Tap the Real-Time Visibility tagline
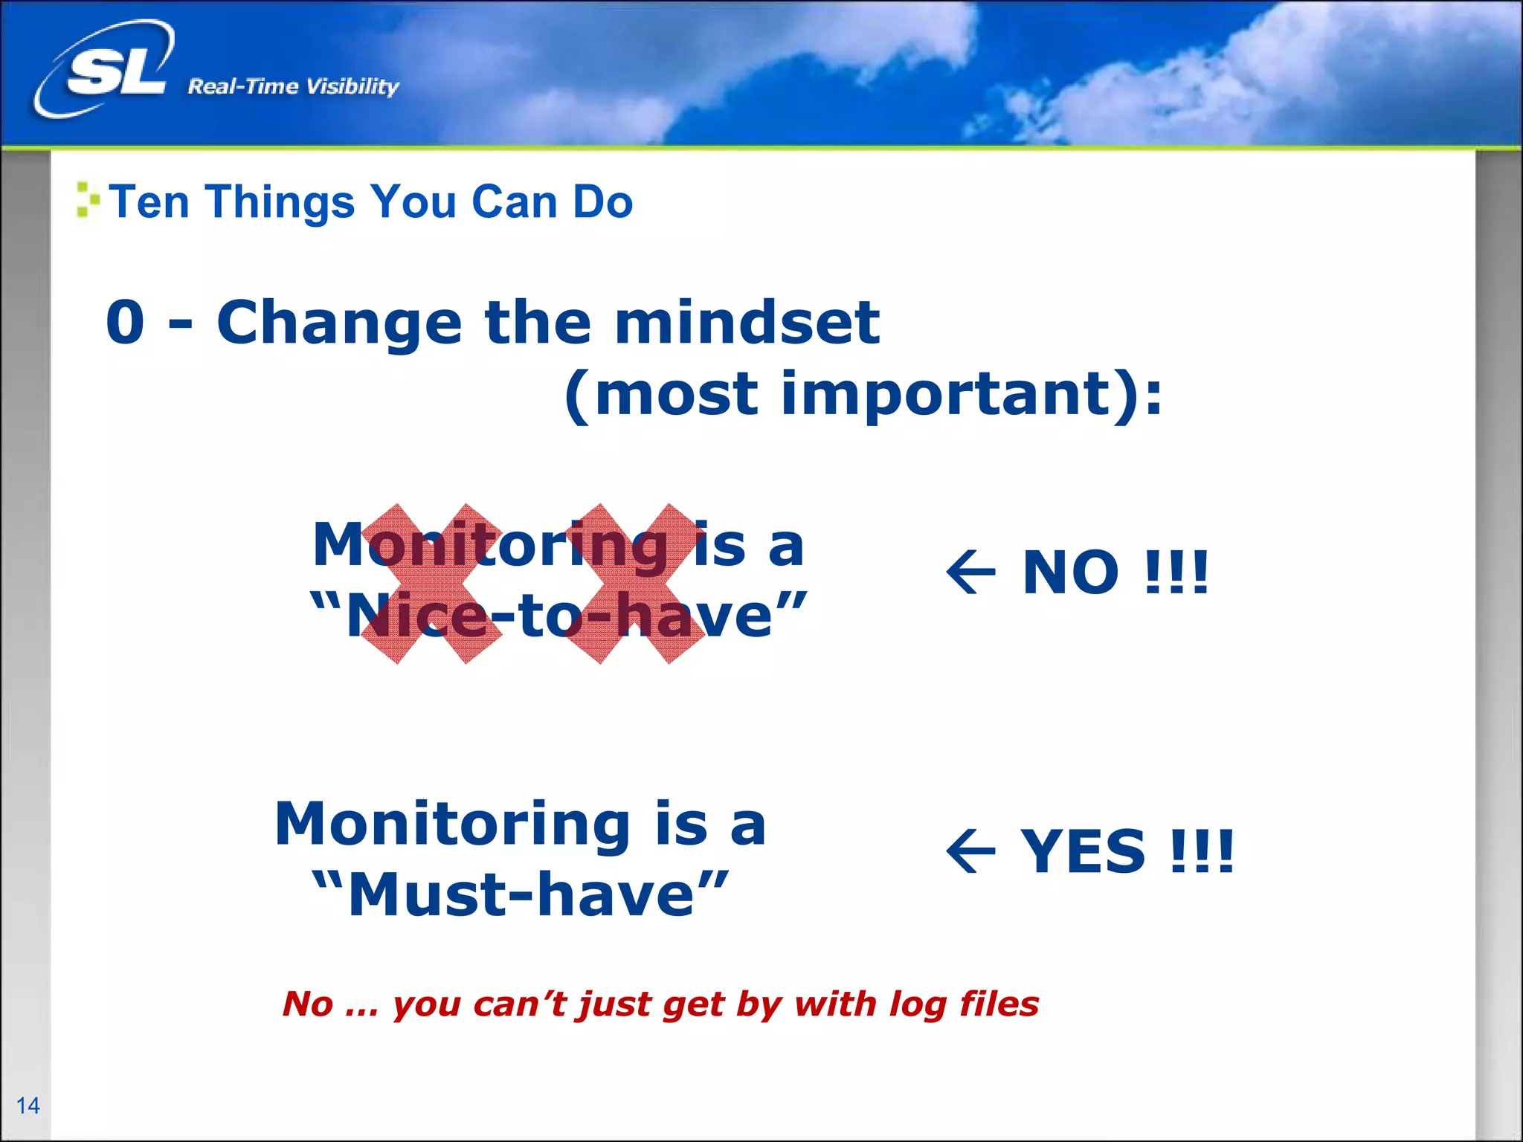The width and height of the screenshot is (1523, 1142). pyautogui.click(x=293, y=87)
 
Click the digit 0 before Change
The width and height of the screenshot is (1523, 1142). pyautogui.click(x=125, y=323)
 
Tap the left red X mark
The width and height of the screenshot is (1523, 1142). pyautogui.click(x=431, y=584)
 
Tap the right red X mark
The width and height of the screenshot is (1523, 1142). pyautogui.click(x=634, y=584)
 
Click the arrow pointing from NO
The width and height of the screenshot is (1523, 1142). pyautogui.click(x=970, y=572)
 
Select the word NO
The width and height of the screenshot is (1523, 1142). pyautogui.click(x=1070, y=572)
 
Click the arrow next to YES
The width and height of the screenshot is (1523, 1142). pyautogui.click(x=970, y=851)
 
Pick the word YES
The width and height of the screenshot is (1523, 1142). pyautogui.click(x=1082, y=851)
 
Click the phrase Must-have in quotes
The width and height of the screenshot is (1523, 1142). pyautogui.click(x=521, y=894)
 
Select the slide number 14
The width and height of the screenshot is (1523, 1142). pyautogui.click(x=28, y=1106)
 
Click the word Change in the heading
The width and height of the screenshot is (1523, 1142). pyautogui.click(x=339, y=323)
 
